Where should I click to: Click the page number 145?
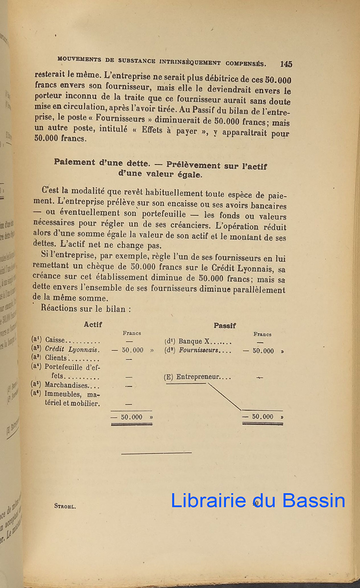[x=286, y=64]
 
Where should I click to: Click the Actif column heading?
[x=93, y=324]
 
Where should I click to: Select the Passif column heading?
[x=224, y=325]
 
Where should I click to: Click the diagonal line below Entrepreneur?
[x=224, y=396]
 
